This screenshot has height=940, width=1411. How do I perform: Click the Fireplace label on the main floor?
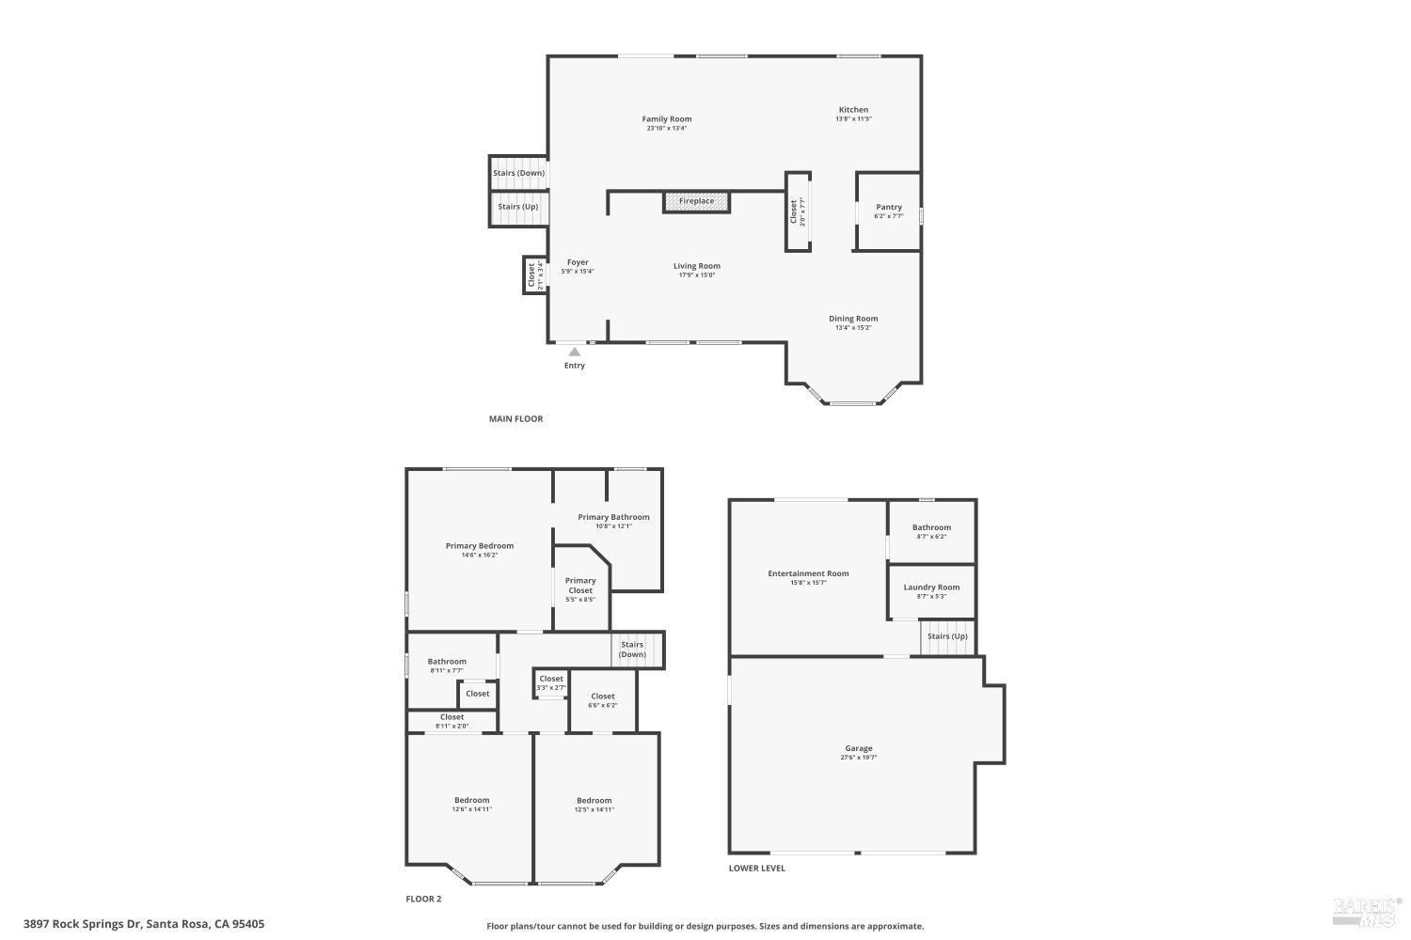pos(697,201)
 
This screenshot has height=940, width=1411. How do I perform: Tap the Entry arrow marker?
pos(574,352)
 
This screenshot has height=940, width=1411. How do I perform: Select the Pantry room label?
pos(889,207)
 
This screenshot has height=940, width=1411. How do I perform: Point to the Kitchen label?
pos(854,110)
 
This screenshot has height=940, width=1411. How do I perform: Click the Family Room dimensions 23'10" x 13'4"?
pos(667,129)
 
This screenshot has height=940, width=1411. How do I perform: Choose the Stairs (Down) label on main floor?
pos(518,173)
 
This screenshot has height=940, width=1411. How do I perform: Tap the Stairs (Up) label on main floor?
pos(518,207)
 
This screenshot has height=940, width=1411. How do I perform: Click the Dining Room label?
pos(853,319)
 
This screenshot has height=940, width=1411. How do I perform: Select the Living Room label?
pos(697,266)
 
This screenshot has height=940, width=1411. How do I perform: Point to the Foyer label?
pos(578,262)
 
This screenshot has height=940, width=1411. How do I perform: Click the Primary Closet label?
pos(580,586)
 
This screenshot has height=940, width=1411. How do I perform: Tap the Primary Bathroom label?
pos(613,517)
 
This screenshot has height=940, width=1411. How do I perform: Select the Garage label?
pos(858,748)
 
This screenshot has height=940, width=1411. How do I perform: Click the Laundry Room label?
pos(931,587)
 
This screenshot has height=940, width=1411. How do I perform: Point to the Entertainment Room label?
pos(808,573)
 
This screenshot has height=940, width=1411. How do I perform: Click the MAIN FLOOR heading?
pos(515,419)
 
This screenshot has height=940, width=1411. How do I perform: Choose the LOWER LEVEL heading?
pos(756,869)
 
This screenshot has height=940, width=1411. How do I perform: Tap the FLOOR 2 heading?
pos(423,900)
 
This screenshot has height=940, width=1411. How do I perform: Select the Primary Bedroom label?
pos(480,546)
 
